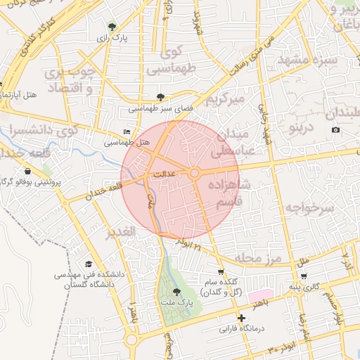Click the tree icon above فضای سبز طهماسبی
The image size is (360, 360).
point(161,98)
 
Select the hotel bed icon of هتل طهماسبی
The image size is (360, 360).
point(127,131)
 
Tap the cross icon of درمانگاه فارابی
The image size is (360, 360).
point(241,318)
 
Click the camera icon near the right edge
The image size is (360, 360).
point(335,129)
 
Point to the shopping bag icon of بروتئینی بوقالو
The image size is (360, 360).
point(27,171)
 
